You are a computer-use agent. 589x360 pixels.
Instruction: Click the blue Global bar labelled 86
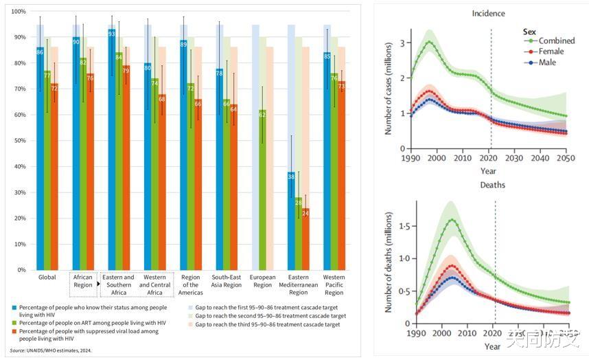40,158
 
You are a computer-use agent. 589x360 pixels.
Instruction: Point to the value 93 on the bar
112,34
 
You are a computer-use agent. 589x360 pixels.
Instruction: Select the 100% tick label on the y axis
18,12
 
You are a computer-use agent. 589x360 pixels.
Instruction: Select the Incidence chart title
488,13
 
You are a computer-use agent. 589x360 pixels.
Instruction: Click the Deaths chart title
488,185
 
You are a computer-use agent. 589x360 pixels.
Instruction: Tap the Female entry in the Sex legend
551,52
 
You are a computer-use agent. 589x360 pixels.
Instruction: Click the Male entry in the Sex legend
547,62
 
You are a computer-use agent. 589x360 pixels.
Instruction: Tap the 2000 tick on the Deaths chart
442,333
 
